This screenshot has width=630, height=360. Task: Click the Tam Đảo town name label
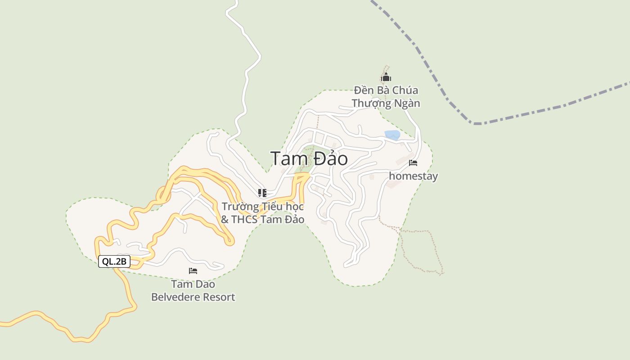click(309, 159)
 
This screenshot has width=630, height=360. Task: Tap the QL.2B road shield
click(114, 261)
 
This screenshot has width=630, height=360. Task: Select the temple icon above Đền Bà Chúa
click(386, 77)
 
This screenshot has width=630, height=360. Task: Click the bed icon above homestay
click(413, 163)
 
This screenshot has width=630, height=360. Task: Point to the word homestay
click(413, 176)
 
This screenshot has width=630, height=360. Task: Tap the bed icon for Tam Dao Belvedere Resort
click(193, 271)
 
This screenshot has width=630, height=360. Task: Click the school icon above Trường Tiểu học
click(262, 193)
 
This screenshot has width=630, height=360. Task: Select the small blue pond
click(392, 135)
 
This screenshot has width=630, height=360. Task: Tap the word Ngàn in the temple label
click(406, 103)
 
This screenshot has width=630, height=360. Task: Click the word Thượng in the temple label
click(370, 103)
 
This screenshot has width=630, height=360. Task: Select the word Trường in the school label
click(240, 207)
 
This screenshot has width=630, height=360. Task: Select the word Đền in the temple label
click(364, 90)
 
